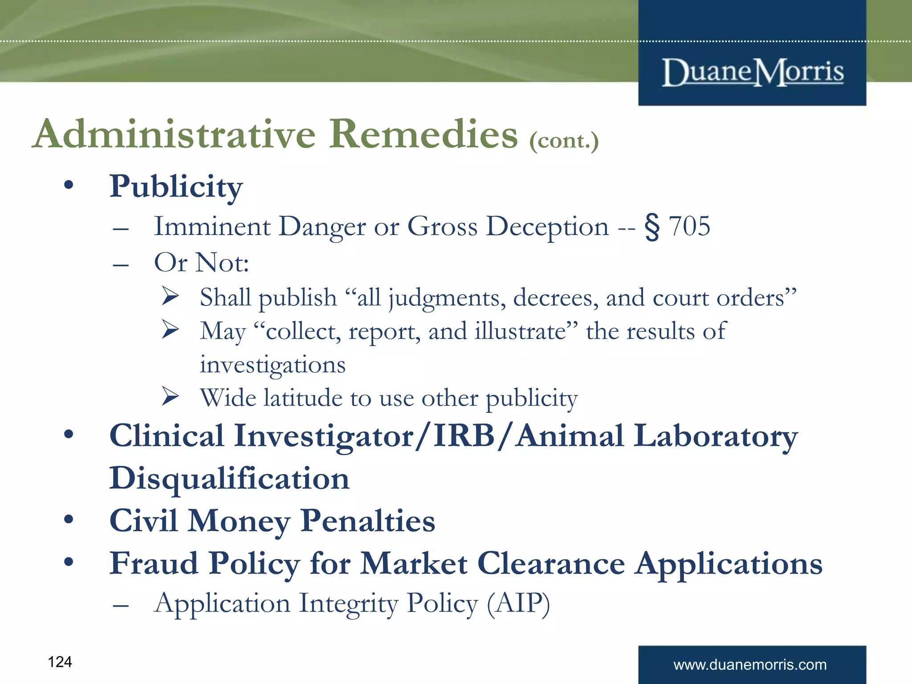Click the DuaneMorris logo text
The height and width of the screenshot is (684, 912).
[x=753, y=72]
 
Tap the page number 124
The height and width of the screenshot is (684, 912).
[x=60, y=662]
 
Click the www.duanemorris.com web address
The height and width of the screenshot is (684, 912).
[x=750, y=665]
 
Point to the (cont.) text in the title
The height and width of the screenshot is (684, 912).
[x=564, y=141]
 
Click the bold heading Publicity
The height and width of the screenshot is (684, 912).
[x=176, y=187]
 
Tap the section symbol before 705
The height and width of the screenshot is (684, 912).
[x=652, y=227]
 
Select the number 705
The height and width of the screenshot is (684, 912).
[x=689, y=226]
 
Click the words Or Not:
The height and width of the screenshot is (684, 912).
[x=201, y=263]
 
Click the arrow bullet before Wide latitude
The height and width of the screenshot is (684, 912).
[x=170, y=396]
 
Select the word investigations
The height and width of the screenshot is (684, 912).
[x=273, y=365]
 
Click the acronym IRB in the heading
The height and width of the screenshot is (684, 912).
[x=464, y=436]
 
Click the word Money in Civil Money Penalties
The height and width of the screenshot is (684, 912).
[x=239, y=521]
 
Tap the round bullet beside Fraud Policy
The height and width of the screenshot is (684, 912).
[x=68, y=562]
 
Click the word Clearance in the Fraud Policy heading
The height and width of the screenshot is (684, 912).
[x=551, y=564]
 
